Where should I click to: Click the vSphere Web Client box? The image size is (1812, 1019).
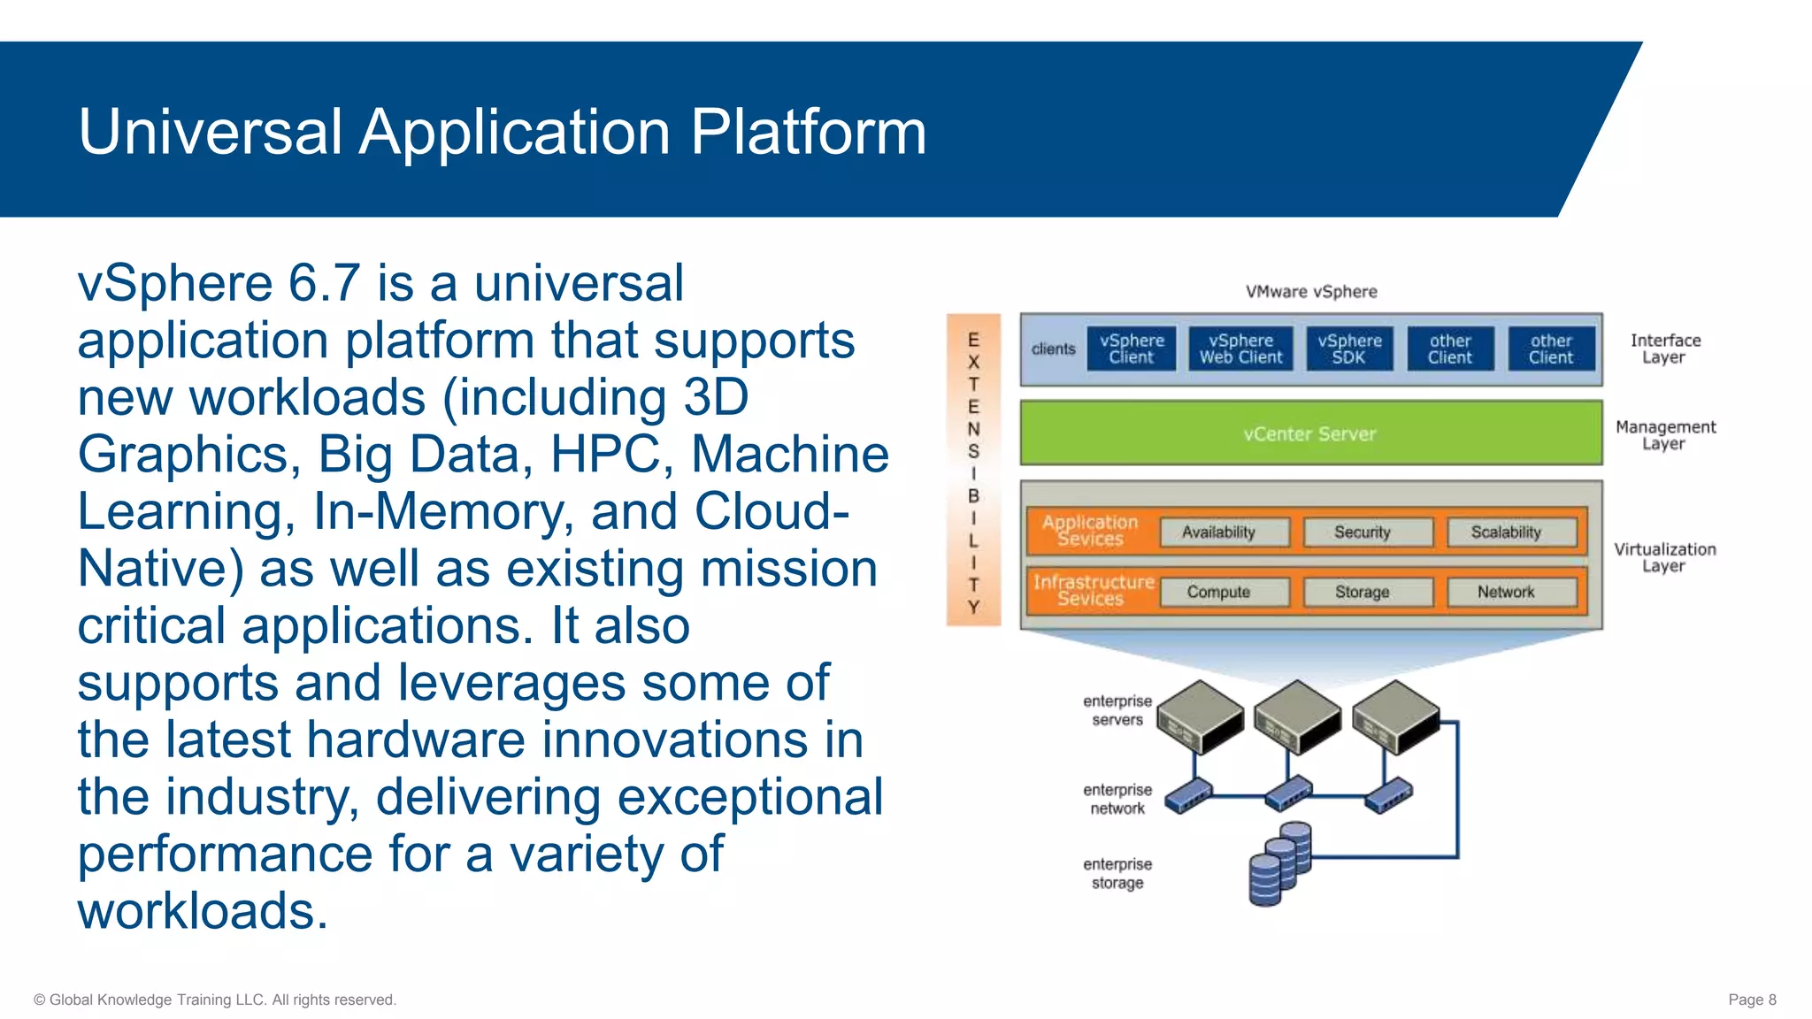[x=1240, y=349]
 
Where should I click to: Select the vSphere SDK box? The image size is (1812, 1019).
[x=1349, y=349]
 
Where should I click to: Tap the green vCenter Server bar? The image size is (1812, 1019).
[x=1310, y=433]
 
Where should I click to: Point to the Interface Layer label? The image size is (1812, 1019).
[x=1664, y=349]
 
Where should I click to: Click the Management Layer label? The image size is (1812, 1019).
[x=1664, y=435]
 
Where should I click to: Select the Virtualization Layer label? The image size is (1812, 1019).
[x=1664, y=557]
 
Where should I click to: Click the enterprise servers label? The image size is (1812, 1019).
[x=1117, y=710]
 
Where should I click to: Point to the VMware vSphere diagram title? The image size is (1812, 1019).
[x=1310, y=292]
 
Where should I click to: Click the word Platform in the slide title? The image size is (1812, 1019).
[x=808, y=133]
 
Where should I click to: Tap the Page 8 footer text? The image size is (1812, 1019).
[x=1751, y=1000]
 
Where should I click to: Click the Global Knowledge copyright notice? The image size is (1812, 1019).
[x=215, y=1000]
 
